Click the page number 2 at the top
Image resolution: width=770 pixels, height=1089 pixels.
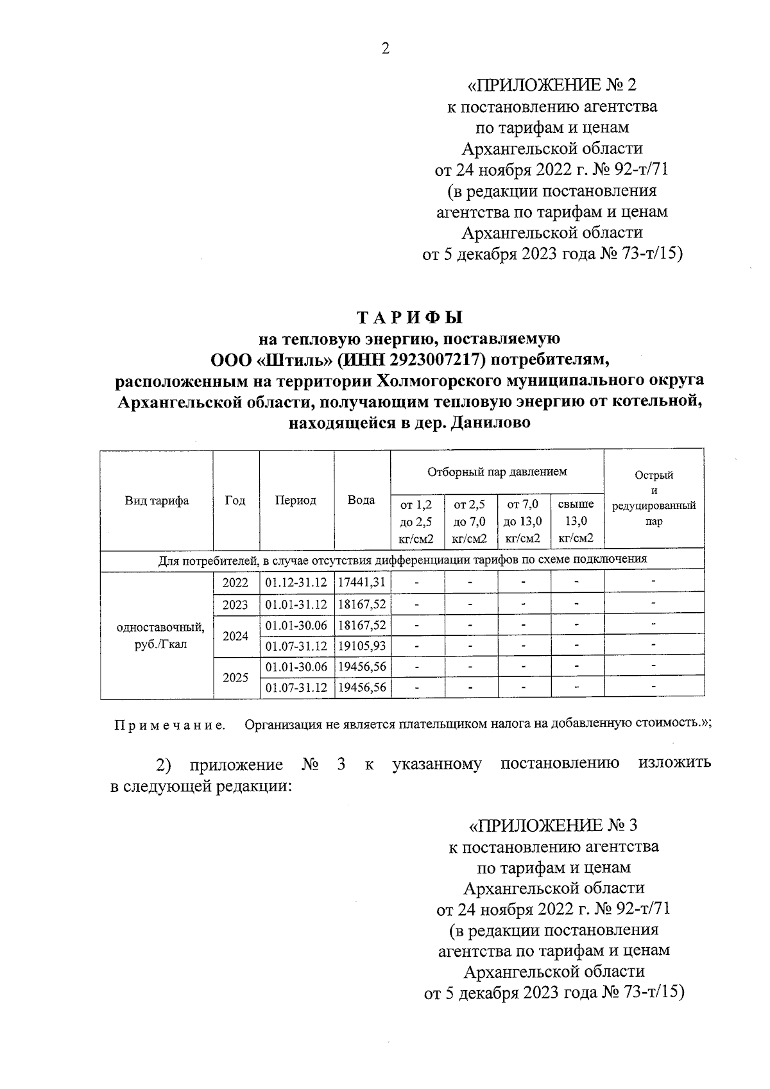click(x=385, y=49)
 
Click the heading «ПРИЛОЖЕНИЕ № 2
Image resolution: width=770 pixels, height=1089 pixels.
click(x=552, y=85)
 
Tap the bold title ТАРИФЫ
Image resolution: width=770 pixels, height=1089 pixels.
click(x=409, y=317)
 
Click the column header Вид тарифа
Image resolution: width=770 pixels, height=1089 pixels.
click(x=157, y=501)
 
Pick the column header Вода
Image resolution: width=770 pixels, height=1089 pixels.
click(x=361, y=501)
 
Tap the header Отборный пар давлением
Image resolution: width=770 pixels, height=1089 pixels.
click(x=497, y=472)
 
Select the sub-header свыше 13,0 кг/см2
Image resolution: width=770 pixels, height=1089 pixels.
click(x=576, y=521)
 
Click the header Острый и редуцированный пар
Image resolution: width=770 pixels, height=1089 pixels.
click(x=653, y=499)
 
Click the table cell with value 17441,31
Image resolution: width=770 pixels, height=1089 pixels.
click(x=362, y=583)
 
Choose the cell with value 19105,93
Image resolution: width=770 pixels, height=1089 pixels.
click(x=362, y=646)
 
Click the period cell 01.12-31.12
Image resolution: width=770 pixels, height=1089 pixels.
click(x=296, y=583)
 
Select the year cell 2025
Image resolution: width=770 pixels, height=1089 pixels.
click(x=235, y=677)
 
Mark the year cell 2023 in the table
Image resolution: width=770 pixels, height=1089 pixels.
click(x=235, y=605)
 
